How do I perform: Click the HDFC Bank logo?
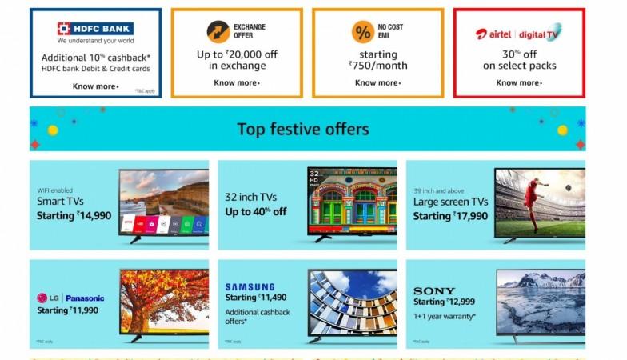click(x=95, y=29)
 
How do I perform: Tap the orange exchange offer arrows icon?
click(x=218, y=31)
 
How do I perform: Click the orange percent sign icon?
click(x=362, y=31)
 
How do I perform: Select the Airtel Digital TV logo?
click(x=518, y=33)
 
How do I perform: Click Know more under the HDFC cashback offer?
click(x=95, y=86)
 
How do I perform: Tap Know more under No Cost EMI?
click(x=377, y=82)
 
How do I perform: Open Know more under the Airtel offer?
click(x=519, y=82)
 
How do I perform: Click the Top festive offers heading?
click(x=302, y=129)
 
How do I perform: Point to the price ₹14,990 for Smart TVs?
click(x=94, y=215)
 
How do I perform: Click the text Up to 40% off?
click(x=255, y=212)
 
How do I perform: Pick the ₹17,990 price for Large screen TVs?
click(x=470, y=216)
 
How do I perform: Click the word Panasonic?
click(x=85, y=298)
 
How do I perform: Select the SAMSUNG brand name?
click(x=250, y=286)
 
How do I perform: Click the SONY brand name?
click(x=434, y=290)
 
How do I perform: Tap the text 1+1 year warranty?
click(x=445, y=317)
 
